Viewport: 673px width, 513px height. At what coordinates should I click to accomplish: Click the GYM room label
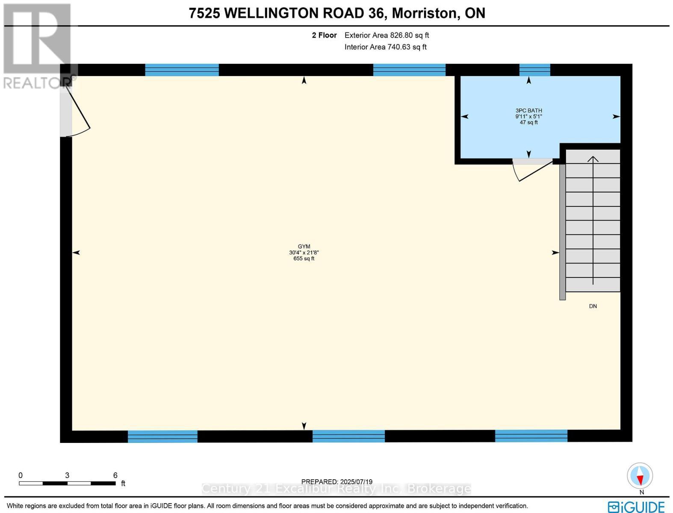point(304,246)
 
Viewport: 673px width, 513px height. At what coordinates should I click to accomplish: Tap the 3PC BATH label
point(528,110)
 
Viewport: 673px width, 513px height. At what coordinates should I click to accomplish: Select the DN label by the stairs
point(593,306)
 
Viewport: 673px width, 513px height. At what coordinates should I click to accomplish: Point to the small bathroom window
point(534,70)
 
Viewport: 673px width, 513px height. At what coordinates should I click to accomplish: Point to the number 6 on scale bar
point(115,475)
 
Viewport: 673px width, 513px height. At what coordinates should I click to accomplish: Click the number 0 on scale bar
point(21,475)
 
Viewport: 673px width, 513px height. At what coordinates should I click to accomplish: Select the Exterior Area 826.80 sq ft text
point(387,35)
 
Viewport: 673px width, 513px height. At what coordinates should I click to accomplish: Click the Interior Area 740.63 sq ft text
point(385,47)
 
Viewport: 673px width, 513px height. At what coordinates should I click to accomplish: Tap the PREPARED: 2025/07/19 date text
point(336,481)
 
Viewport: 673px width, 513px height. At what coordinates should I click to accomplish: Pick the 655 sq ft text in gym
point(304,259)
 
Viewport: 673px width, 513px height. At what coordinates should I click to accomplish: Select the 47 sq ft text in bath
point(528,123)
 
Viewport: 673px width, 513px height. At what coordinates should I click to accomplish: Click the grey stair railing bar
point(562,231)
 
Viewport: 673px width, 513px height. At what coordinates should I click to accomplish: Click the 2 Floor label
point(324,35)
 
